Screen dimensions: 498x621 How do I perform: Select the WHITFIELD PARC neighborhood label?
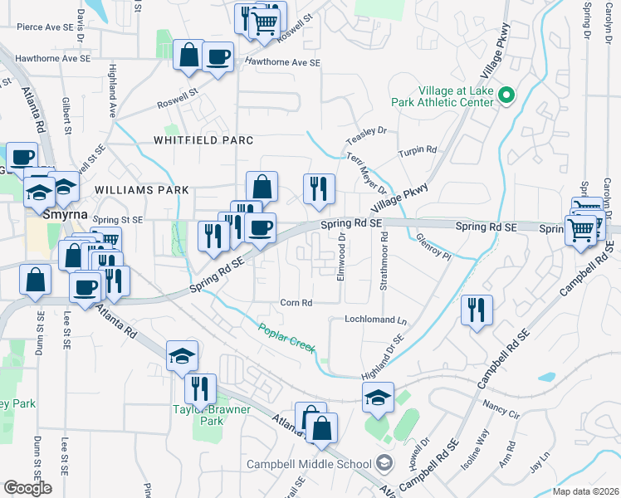[203, 140]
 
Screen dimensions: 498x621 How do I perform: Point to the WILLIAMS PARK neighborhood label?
[142, 190]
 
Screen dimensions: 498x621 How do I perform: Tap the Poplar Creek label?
[287, 339]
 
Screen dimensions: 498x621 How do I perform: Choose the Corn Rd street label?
[296, 303]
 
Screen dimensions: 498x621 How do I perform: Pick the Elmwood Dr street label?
[341, 256]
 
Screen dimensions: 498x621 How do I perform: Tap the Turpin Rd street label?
[417, 150]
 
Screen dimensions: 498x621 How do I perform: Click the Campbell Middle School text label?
[308, 462]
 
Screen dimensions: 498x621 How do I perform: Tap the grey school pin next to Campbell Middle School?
[384, 461]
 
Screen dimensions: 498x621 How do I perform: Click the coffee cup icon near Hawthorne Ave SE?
[218, 56]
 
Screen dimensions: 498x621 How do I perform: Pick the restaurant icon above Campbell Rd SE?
[477, 310]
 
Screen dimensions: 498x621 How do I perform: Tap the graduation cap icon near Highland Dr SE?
[378, 398]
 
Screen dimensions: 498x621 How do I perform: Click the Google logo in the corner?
[27, 488]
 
